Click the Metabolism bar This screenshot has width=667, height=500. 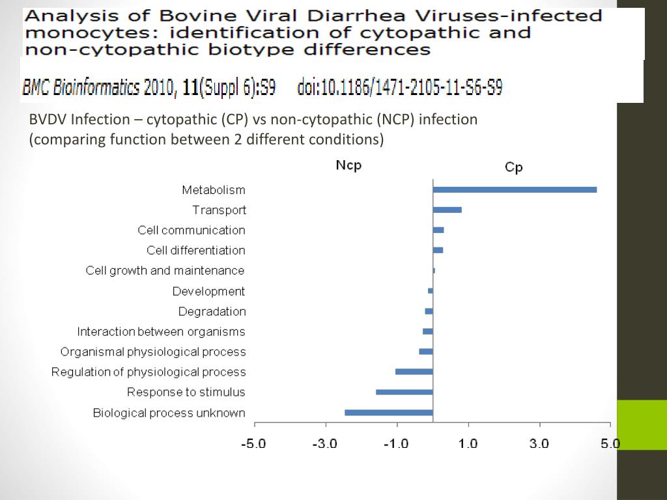pos(515,189)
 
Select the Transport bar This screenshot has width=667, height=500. pos(447,210)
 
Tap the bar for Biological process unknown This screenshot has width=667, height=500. pos(388,412)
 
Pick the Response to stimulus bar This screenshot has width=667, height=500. pos(404,392)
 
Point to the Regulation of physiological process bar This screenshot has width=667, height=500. pos(414,372)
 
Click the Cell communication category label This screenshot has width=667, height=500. pos(192,230)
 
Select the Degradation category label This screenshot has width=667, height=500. pos(212,311)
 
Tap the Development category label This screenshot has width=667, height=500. pos(208,291)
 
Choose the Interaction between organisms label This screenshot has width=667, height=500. pos(161,331)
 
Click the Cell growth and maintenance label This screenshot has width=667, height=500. pos(165,270)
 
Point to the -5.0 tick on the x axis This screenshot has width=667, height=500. pos(253,444)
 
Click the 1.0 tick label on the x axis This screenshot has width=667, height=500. pos(468,444)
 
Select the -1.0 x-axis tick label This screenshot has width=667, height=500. pos(396,444)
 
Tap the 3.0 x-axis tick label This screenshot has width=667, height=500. pos(539,444)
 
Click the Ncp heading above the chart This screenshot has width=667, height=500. pos(348,165)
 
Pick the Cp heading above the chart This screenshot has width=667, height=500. pos(514,167)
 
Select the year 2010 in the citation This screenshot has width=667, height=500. pos(159,88)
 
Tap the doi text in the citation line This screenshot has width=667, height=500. pos(399,88)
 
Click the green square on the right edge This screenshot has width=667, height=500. pos(642,424)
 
